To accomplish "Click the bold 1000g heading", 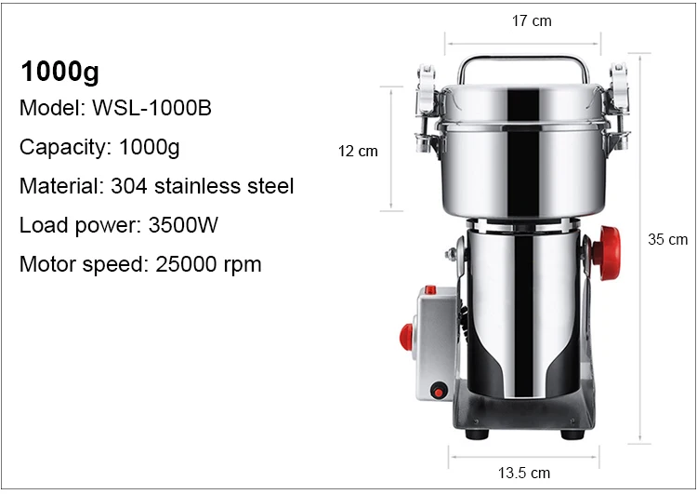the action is point(60,72).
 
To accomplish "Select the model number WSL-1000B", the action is point(151,108).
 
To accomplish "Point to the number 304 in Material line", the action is point(129,186).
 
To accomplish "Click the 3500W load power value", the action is point(183,225).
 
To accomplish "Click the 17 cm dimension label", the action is point(532,20).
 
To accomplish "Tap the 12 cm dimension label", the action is point(358,152).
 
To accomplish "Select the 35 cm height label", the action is point(667,239).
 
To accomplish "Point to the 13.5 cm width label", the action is point(523,473).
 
